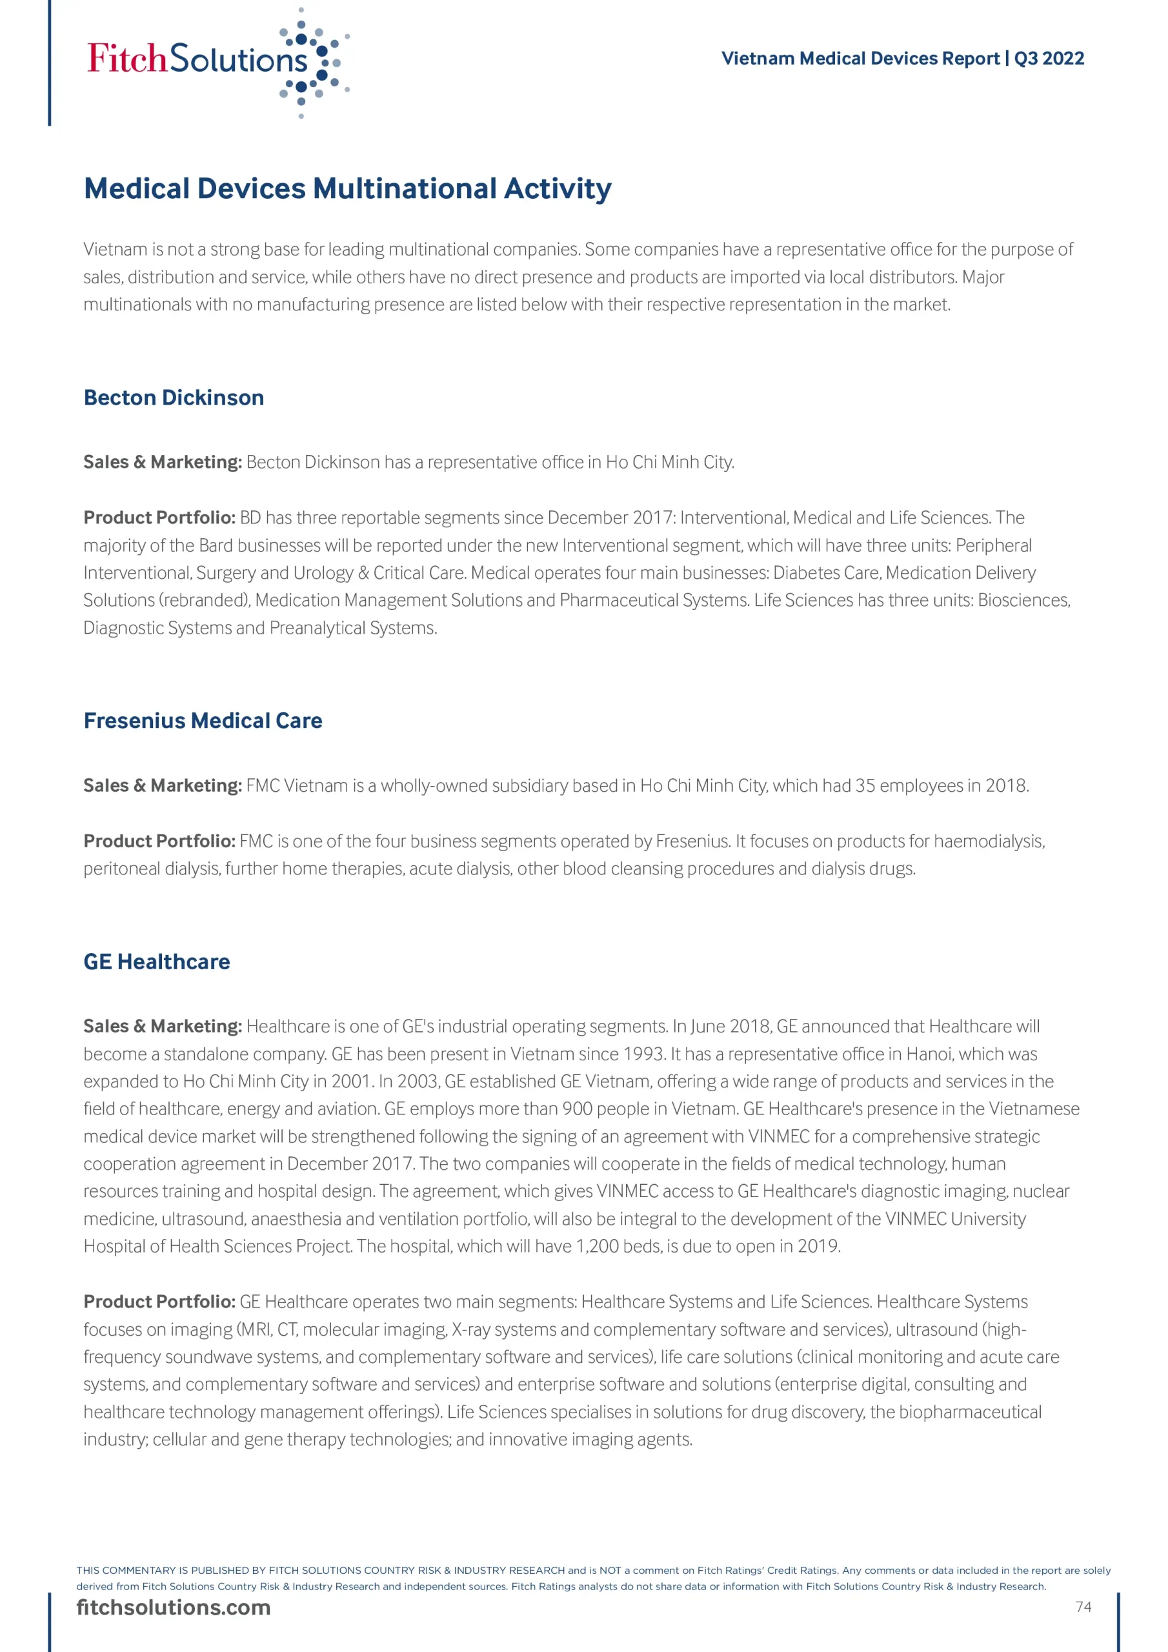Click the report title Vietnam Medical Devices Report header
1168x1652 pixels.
pyautogui.click(x=901, y=58)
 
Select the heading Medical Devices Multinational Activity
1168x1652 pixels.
pyautogui.click(x=348, y=188)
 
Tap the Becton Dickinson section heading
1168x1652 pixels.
pyautogui.click(x=174, y=398)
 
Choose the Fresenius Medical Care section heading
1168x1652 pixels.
pyautogui.click(x=202, y=721)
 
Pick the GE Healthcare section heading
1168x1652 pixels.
pyautogui.click(x=156, y=962)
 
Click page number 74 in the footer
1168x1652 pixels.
pyautogui.click(x=1083, y=1607)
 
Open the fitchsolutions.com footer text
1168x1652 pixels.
pyautogui.click(x=174, y=1607)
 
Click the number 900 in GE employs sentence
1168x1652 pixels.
pyautogui.click(x=577, y=1109)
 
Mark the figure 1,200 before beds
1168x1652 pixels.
pyautogui.click(x=598, y=1246)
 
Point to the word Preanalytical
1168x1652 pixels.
pyautogui.click(x=317, y=628)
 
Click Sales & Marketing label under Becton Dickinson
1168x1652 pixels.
pyautogui.click(x=162, y=462)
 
